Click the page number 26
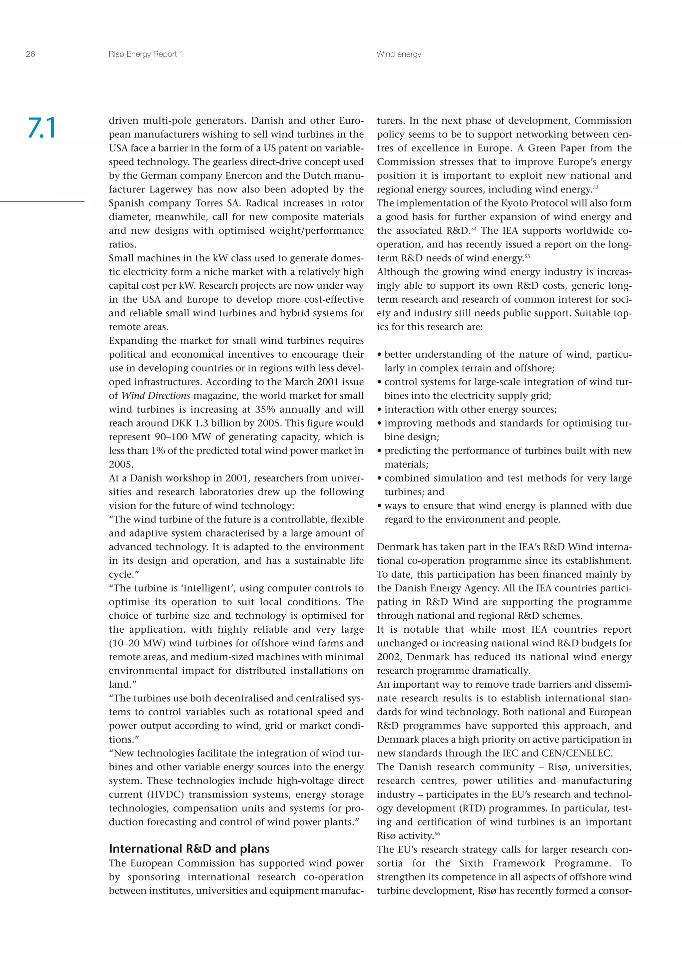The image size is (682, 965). coord(30,54)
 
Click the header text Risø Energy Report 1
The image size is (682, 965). coord(146,54)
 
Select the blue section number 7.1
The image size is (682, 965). coord(42,128)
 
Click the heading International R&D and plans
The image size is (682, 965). coord(189,848)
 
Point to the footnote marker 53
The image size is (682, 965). coord(595,187)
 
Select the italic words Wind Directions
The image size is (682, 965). coord(156,396)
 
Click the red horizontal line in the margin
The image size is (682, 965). coord(42,201)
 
